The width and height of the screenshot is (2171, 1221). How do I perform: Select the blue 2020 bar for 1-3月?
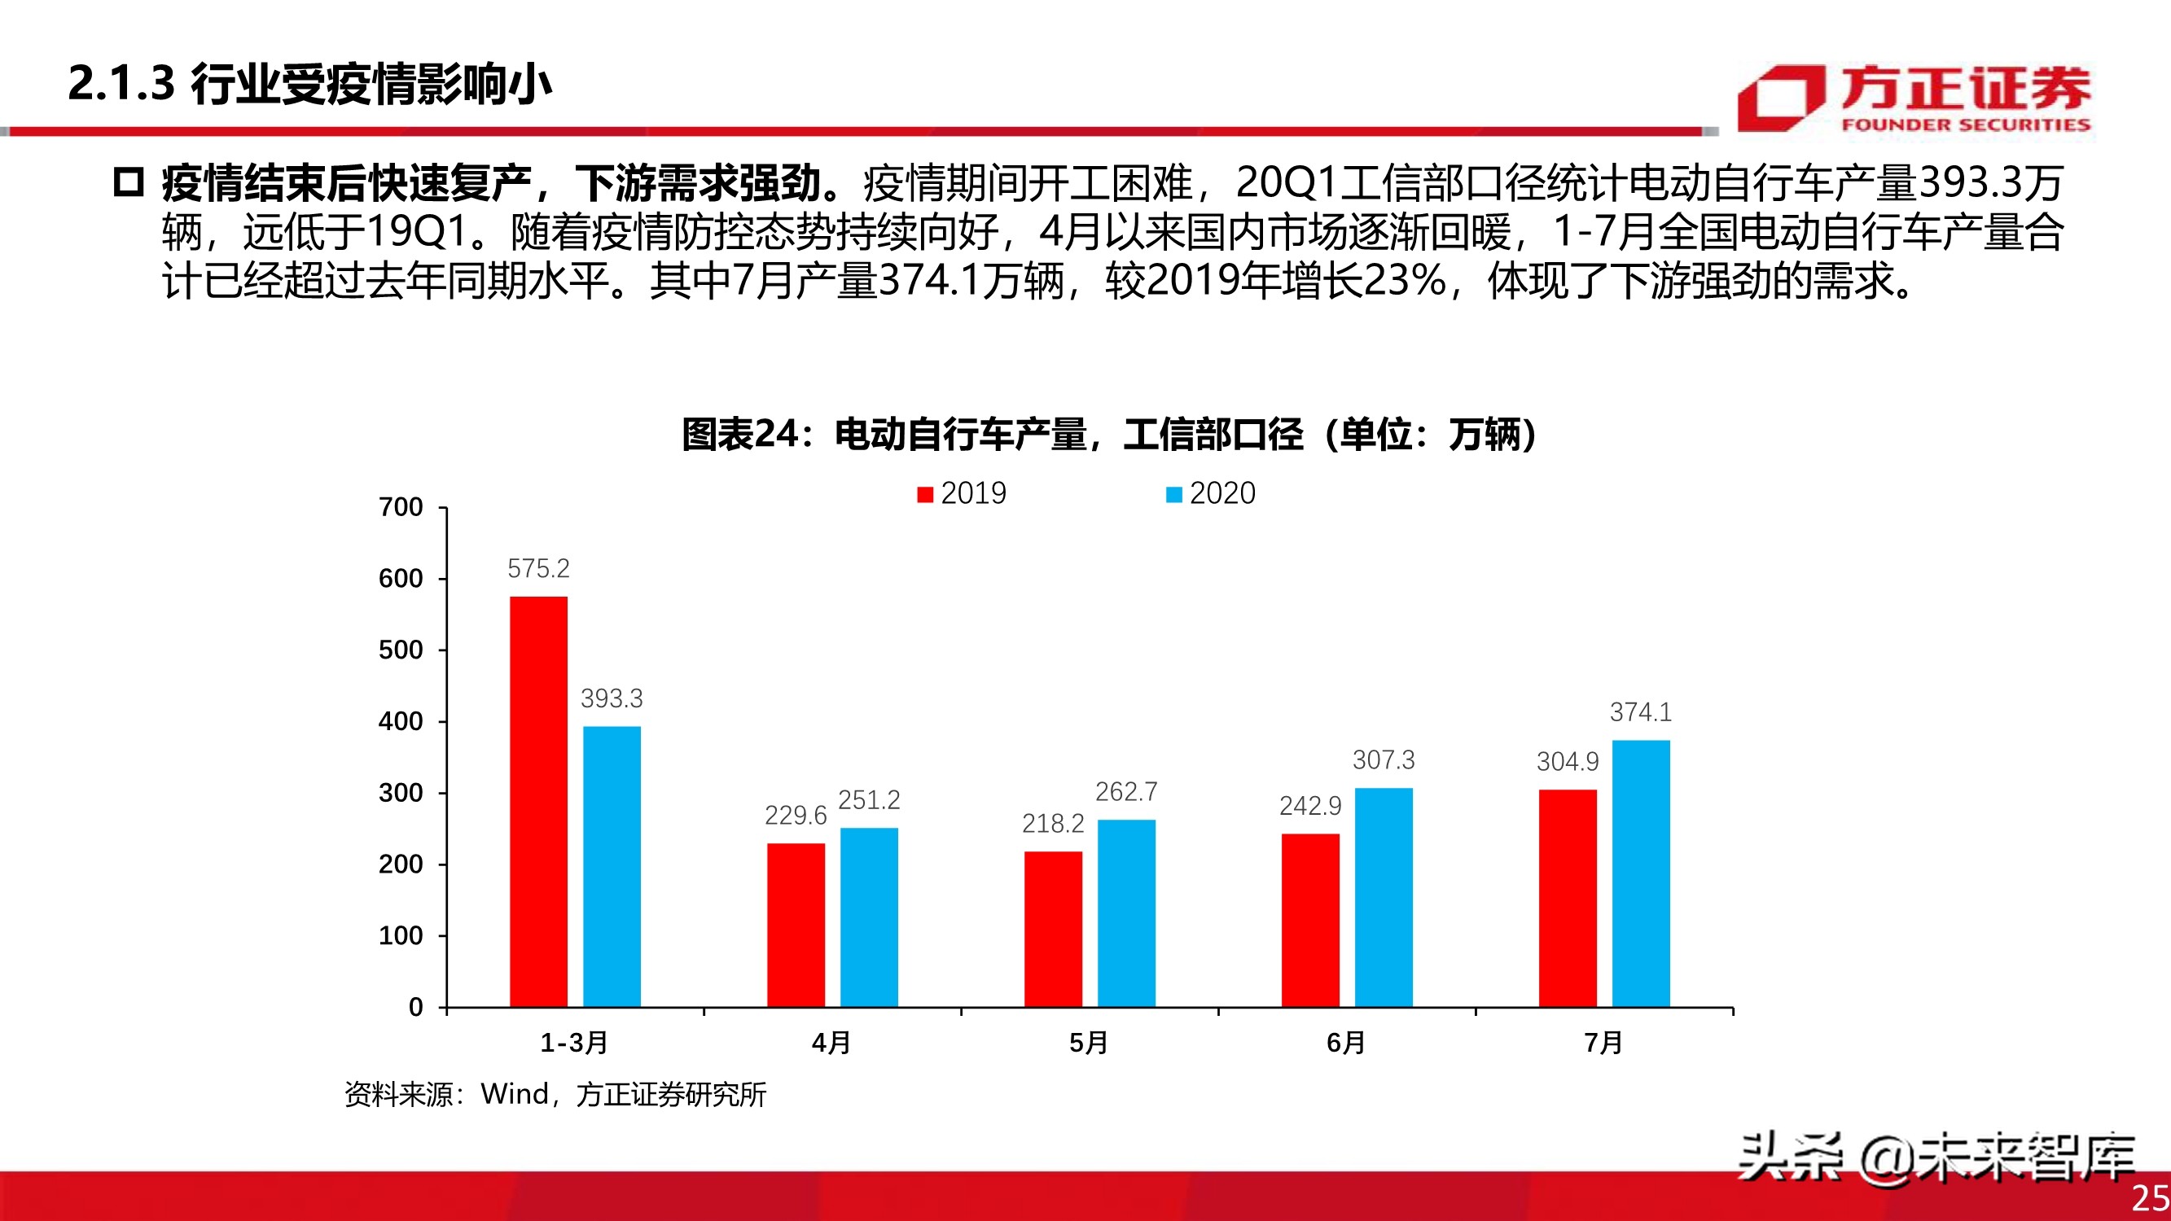(612, 866)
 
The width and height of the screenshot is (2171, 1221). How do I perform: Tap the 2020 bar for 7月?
(1640, 873)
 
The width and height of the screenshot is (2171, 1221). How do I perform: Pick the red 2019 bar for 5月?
(1053, 929)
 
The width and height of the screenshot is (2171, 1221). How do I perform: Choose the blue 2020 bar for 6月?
(1383, 896)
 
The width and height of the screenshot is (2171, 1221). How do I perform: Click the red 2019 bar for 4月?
(796, 925)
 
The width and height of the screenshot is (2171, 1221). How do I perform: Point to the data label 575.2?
(538, 569)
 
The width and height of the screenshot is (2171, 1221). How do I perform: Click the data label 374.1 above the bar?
(1640, 712)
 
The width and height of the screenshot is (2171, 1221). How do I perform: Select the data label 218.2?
(1053, 823)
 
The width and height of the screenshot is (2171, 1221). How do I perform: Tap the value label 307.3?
(1383, 760)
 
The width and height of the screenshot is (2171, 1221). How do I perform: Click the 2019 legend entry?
(962, 494)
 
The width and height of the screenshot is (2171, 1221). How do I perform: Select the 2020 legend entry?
(1210, 494)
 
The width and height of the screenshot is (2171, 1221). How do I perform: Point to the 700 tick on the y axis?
(401, 507)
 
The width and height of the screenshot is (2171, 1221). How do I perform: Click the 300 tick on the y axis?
(401, 793)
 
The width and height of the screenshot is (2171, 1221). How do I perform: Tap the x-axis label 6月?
(1345, 1044)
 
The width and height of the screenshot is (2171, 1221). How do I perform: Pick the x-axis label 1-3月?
(574, 1044)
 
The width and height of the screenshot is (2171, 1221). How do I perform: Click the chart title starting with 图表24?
(1109, 435)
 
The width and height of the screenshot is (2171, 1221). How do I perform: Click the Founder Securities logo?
(1913, 99)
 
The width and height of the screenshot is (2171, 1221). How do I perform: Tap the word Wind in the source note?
(514, 1095)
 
